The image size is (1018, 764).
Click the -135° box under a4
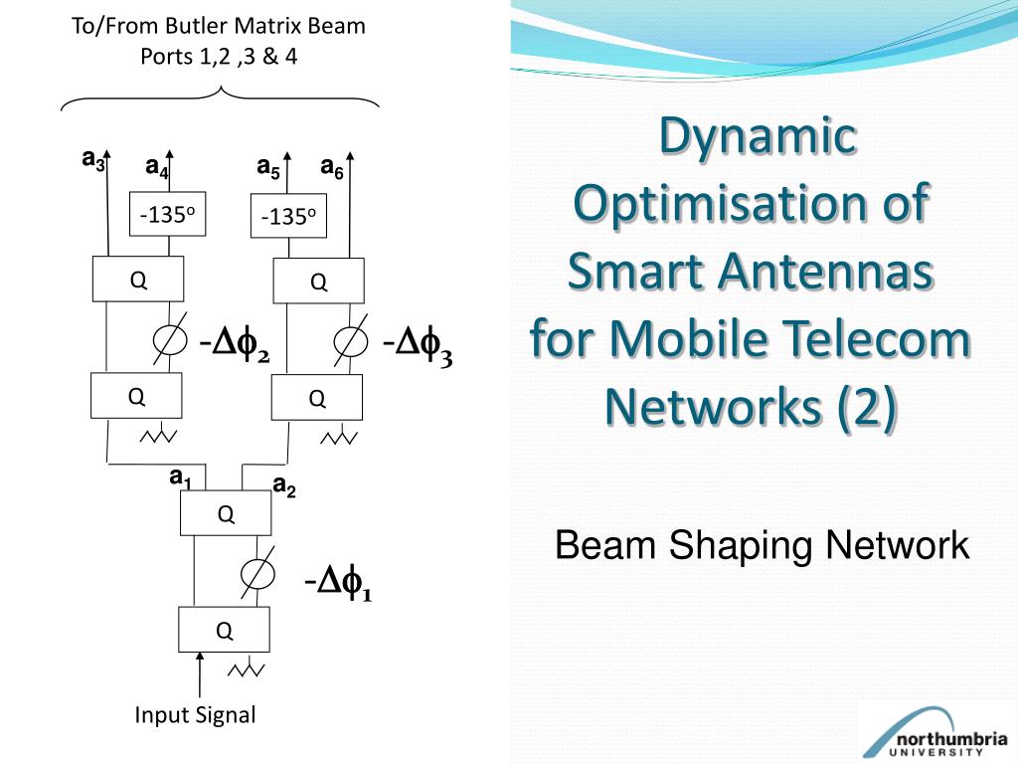click(x=168, y=214)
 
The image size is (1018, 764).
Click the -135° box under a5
click(x=288, y=217)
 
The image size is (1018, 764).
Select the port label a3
click(x=93, y=159)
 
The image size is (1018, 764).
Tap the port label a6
click(x=332, y=168)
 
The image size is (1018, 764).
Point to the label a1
click(x=180, y=479)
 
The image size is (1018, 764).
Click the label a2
click(x=284, y=486)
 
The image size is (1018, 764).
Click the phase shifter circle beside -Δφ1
click(x=258, y=574)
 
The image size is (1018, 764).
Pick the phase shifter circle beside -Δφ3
click(x=348, y=341)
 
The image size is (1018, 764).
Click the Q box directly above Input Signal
click(x=224, y=629)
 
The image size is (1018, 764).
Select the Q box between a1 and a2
click(x=226, y=513)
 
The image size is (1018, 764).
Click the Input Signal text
click(x=195, y=714)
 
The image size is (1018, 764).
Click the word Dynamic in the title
click(x=759, y=137)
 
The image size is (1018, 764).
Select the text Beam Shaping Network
click(x=762, y=545)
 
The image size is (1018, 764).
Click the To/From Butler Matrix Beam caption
click(x=219, y=26)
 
